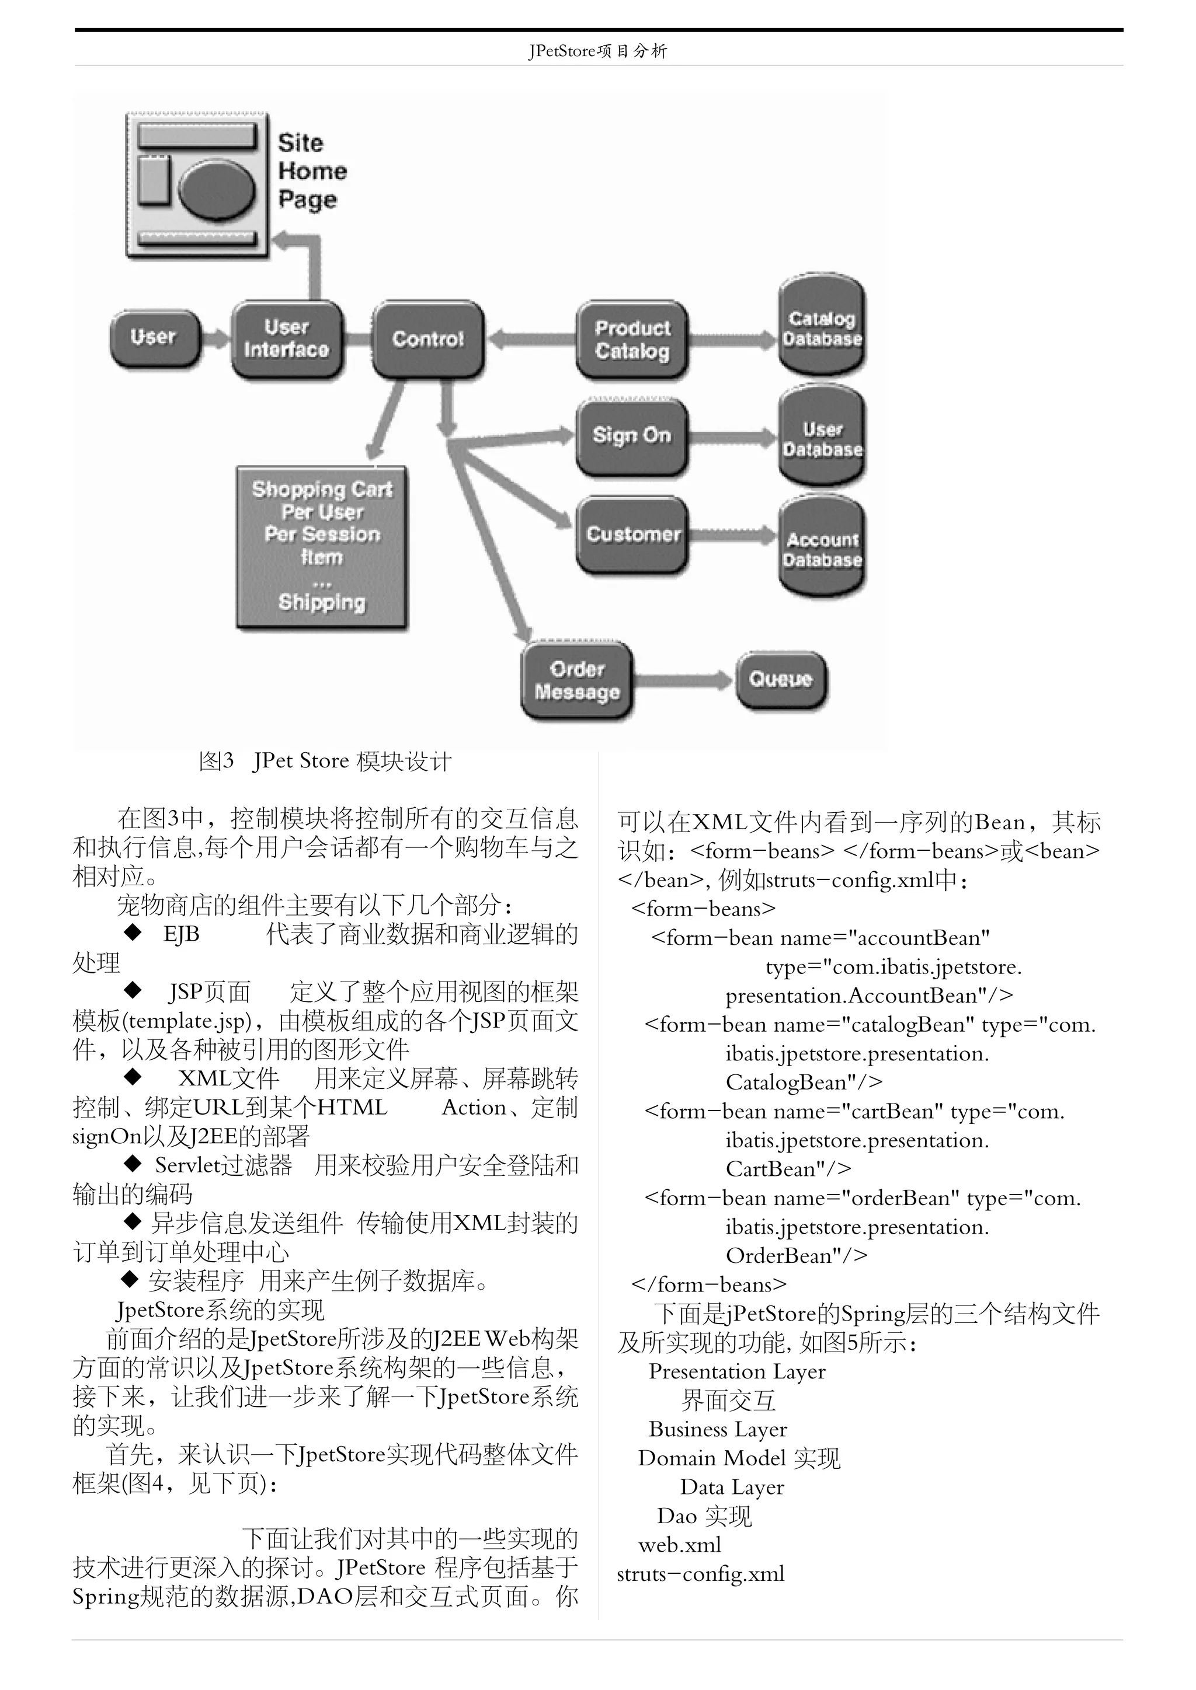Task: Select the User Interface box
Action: tap(287, 338)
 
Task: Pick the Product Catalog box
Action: tap(632, 339)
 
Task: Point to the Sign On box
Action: tap(632, 436)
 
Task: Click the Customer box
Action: tap(632, 535)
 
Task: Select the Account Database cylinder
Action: tap(821, 547)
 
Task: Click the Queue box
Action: tap(781, 679)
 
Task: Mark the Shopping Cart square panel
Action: tap(322, 546)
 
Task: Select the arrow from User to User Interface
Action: tap(215, 338)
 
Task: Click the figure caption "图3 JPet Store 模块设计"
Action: tap(325, 761)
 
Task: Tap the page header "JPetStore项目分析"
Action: tap(597, 51)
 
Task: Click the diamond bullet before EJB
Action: tap(133, 933)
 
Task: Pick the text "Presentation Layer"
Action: tap(736, 1371)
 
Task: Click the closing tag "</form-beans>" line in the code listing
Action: tap(708, 1284)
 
